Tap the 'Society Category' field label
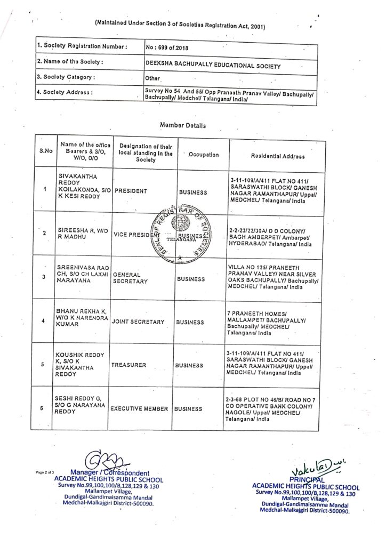(x=66, y=77)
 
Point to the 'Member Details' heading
(x=183, y=125)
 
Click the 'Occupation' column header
(x=204, y=155)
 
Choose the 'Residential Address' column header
(x=278, y=156)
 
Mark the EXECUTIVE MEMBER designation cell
(x=139, y=409)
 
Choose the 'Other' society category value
(x=153, y=78)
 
